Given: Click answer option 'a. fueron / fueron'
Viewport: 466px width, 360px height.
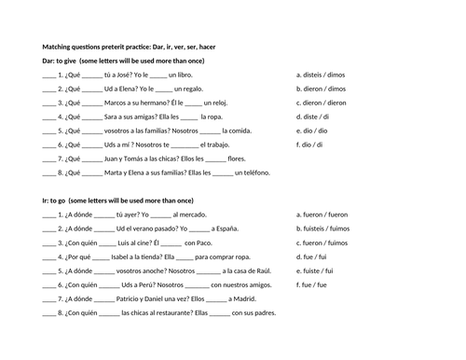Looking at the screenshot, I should [322, 214].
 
